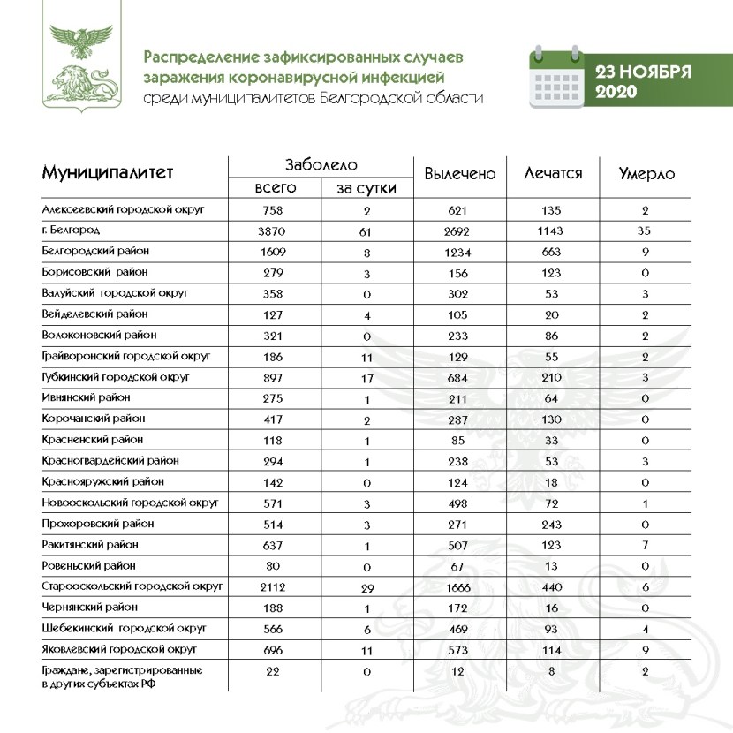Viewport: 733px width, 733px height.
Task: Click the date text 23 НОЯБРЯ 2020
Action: (641, 81)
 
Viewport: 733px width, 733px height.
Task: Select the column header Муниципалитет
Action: (108, 172)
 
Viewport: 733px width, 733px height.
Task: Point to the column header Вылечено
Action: (459, 174)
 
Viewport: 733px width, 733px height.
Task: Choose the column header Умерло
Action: (646, 174)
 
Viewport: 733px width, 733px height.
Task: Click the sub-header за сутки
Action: (366, 188)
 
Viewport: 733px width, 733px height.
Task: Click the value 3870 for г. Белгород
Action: (271, 230)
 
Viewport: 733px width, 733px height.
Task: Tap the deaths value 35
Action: (645, 230)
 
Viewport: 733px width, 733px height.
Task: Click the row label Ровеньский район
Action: (92, 565)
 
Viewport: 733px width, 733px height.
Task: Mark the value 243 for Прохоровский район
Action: (551, 524)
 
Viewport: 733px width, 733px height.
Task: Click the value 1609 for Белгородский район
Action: (271, 252)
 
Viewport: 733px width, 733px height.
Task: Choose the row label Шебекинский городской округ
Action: (125, 628)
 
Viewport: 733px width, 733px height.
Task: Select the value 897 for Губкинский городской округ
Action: (271, 377)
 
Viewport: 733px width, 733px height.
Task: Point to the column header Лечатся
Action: (553, 173)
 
